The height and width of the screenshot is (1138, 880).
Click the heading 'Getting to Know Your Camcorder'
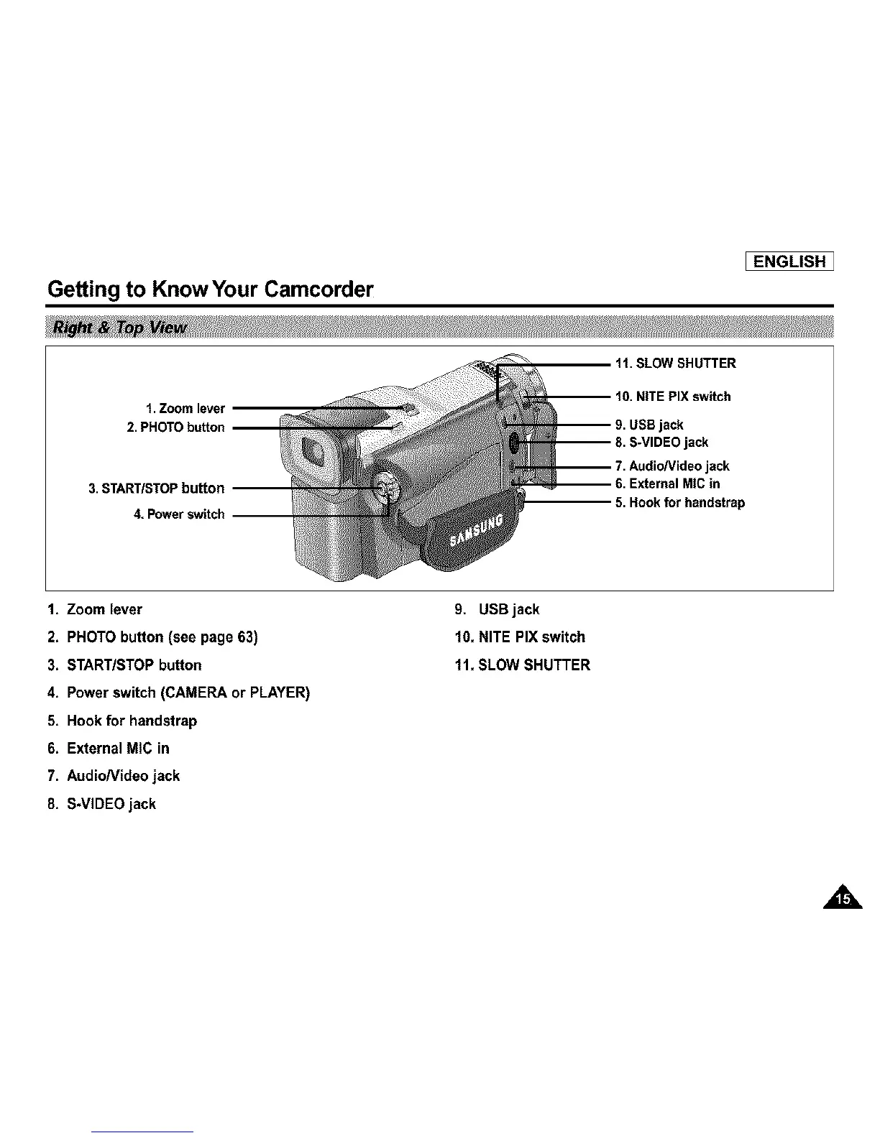coord(211,290)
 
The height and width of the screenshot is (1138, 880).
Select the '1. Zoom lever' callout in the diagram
coord(185,409)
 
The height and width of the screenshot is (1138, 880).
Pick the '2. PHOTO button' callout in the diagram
coord(175,427)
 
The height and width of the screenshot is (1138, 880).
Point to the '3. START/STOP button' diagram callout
coord(156,489)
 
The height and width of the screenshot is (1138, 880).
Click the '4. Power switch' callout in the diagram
coord(179,514)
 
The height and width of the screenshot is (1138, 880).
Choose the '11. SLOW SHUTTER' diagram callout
coord(675,364)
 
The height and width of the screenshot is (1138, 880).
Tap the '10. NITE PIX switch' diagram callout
coord(672,397)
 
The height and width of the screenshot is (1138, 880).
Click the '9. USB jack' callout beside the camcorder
coord(648,425)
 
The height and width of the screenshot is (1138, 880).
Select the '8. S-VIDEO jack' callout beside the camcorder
coord(661,442)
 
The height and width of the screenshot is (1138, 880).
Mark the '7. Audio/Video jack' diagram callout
coord(672,466)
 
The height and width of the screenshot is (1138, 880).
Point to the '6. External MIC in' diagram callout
coord(667,484)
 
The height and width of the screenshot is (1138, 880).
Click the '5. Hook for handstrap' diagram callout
coord(679,502)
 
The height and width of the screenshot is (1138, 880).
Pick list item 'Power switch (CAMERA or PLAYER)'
coord(188,693)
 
